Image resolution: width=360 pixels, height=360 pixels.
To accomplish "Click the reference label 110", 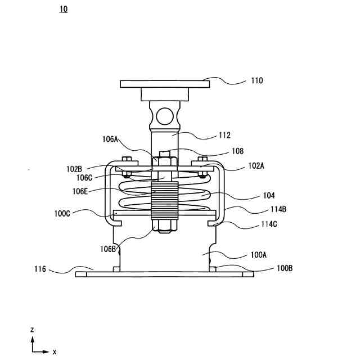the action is pyautogui.click(x=257, y=80).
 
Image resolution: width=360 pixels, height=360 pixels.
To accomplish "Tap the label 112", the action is pyautogui.click(x=224, y=135).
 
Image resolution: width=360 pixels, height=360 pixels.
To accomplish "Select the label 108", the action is pyautogui.click(x=237, y=151).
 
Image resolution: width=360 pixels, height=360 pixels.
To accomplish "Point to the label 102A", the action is pyautogui.click(x=256, y=166).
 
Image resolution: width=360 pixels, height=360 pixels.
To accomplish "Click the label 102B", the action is pyautogui.click(x=74, y=169).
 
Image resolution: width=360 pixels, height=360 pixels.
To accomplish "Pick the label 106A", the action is pyautogui.click(x=110, y=139).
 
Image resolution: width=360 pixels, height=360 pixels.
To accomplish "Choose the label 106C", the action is pyautogui.click(x=84, y=178).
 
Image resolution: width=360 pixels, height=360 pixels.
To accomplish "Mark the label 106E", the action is pyautogui.click(x=80, y=191).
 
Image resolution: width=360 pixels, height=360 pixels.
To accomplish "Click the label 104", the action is pyautogui.click(x=269, y=196).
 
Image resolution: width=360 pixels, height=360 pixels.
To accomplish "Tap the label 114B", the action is pyautogui.click(x=278, y=209).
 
